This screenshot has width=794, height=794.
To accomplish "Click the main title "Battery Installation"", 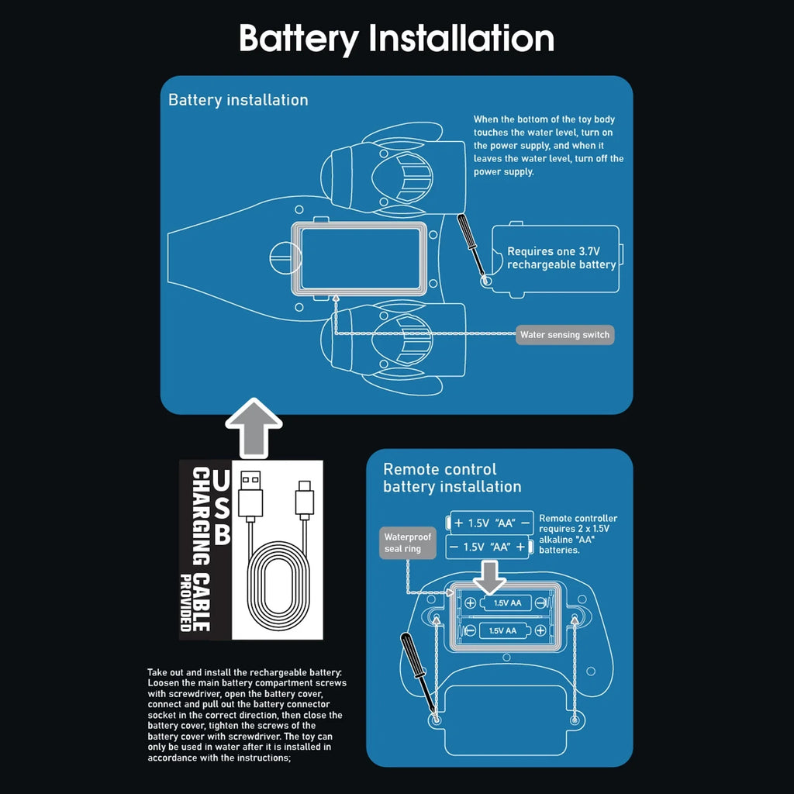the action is point(396,39).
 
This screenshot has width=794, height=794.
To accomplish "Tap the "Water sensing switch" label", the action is point(564,335).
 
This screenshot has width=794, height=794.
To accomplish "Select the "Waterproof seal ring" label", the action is point(408,543).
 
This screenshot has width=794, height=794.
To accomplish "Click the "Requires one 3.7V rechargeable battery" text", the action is point(561,257).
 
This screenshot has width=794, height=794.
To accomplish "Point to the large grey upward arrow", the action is point(254,428).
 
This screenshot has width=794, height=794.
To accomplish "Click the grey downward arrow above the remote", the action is point(488,577).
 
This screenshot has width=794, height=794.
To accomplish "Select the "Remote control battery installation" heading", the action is point(452,478).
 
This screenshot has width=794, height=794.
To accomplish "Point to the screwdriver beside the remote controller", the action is point(419,677).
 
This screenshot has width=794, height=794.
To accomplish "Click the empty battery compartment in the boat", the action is point(360,259).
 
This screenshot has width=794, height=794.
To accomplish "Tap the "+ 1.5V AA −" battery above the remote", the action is point(490,523).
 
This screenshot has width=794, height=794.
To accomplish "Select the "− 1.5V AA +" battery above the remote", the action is point(488,547).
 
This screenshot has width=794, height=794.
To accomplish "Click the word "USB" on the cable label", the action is point(221,507).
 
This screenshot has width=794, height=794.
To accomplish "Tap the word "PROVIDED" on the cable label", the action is point(186,602).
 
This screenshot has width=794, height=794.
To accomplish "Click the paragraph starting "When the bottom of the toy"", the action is point(548,145).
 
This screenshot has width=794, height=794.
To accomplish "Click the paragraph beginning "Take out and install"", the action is point(247,715).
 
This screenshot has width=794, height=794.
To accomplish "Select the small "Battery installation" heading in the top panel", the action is point(238,100).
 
